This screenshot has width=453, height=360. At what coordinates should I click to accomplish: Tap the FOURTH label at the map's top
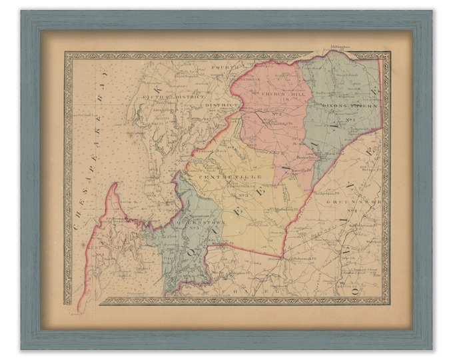221,67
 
